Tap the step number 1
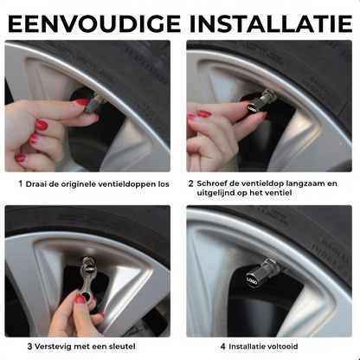coord(21,183)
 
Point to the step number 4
coord(222,346)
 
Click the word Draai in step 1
coord(37,183)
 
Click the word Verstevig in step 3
coord(55,346)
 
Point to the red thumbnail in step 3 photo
coord(80,299)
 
